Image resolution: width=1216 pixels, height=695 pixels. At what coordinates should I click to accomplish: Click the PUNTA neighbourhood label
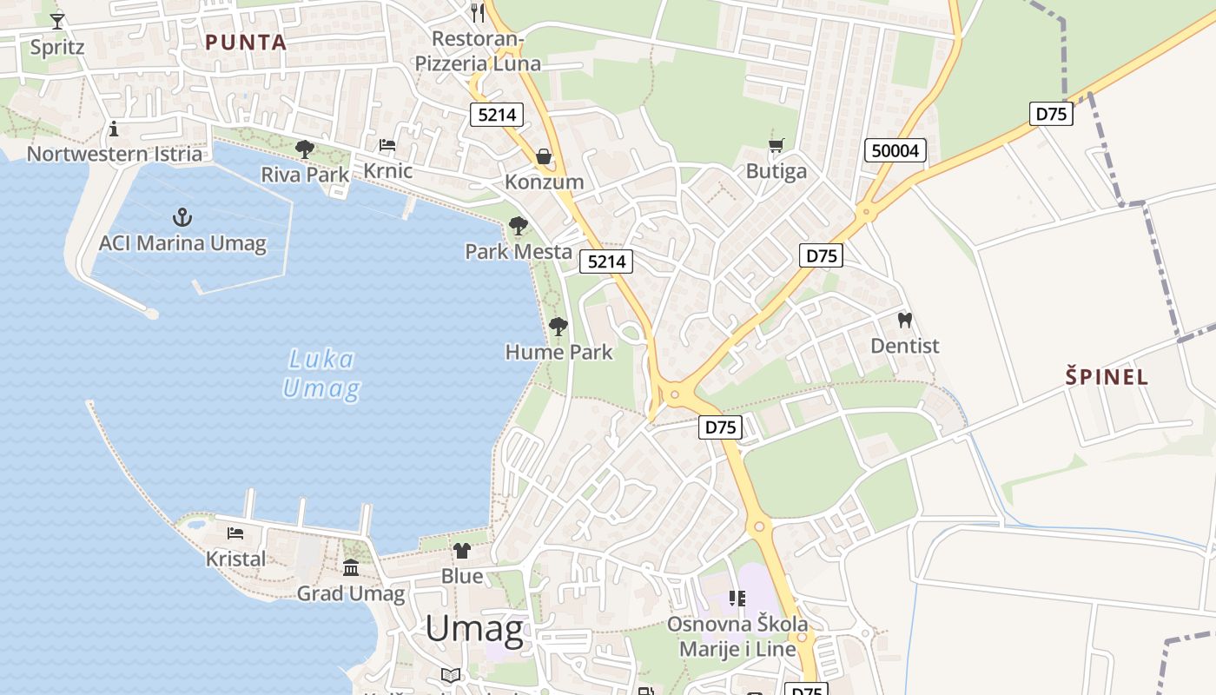(x=246, y=42)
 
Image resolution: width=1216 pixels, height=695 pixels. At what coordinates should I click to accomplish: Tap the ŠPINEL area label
(x=1107, y=377)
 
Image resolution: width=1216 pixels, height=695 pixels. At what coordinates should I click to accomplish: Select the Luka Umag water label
(x=321, y=374)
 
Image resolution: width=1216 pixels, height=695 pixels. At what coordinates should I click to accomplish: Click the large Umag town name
(x=474, y=630)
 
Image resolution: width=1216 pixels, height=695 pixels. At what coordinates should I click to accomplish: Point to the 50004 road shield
(x=895, y=151)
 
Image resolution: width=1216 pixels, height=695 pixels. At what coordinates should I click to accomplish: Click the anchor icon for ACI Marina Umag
(x=182, y=217)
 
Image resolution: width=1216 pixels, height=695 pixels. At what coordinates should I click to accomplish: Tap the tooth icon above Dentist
(x=904, y=321)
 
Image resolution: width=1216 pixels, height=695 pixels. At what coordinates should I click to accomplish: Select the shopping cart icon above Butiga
(x=777, y=146)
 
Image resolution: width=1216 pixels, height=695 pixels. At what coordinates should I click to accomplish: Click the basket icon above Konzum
(x=544, y=156)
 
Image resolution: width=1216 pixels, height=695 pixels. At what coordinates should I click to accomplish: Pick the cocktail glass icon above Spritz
(x=57, y=21)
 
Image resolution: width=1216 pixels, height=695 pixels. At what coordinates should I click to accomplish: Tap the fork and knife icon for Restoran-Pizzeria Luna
(x=477, y=12)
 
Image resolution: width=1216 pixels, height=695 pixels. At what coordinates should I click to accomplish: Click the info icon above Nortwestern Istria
(x=114, y=129)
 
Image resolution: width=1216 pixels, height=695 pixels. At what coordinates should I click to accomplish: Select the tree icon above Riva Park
(x=304, y=149)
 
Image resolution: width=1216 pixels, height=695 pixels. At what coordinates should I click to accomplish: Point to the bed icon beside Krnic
(x=387, y=145)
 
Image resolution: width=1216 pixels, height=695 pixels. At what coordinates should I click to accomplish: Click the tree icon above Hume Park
(x=558, y=327)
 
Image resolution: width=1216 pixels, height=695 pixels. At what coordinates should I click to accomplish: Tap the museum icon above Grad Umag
(x=351, y=568)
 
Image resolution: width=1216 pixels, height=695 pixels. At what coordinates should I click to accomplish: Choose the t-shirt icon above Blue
(x=462, y=550)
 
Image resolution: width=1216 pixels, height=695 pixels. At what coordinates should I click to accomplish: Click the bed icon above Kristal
(x=235, y=533)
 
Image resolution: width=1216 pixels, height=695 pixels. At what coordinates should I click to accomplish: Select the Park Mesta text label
(x=519, y=252)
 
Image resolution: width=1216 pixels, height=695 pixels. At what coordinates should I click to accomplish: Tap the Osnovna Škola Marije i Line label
(x=737, y=637)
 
